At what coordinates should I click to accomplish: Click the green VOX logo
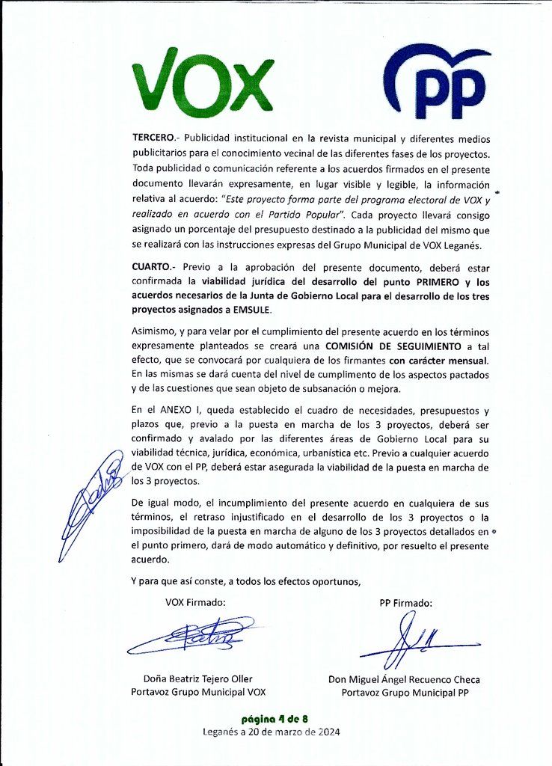tap(202, 79)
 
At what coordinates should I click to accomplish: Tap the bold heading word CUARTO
tap(153, 267)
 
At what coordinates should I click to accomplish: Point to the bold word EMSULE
tap(248, 309)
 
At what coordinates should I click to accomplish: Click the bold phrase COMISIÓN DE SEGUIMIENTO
tap(392, 346)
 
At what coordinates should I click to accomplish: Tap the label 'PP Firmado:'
tap(405, 603)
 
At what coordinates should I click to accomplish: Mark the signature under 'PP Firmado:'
tap(408, 642)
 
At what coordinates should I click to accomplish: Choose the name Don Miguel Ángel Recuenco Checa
tap(404, 680)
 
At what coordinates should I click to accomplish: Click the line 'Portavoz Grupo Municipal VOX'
tap(198, 693)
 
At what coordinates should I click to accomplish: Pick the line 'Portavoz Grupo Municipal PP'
tap(404, 693)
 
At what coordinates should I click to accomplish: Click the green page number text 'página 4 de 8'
tap(276, 719)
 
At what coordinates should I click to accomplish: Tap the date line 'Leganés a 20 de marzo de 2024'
tap(276, 732)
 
